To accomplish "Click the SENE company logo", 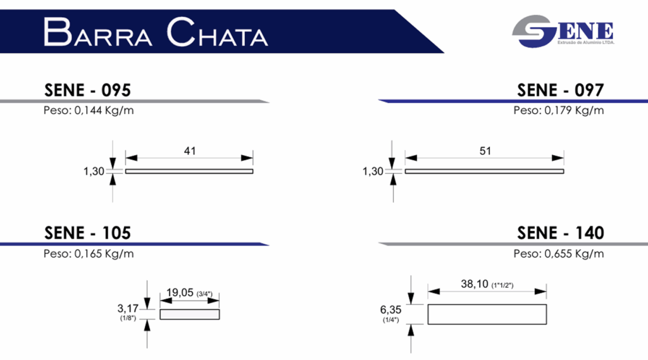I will pos(563,31).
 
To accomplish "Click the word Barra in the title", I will pos(99,32).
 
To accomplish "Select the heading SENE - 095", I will pos(87,90).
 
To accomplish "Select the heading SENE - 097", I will pos(560,90).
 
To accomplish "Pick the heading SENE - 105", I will pos(87,233).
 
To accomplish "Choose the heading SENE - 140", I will pos(560,233).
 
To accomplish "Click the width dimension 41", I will pos(189,151).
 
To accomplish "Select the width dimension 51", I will pos(485,151).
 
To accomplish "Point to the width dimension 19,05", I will pos(180,293).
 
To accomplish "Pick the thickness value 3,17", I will pos(128,309).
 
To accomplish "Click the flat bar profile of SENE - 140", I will pos(487,314).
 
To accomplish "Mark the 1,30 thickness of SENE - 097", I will pos(374,171).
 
